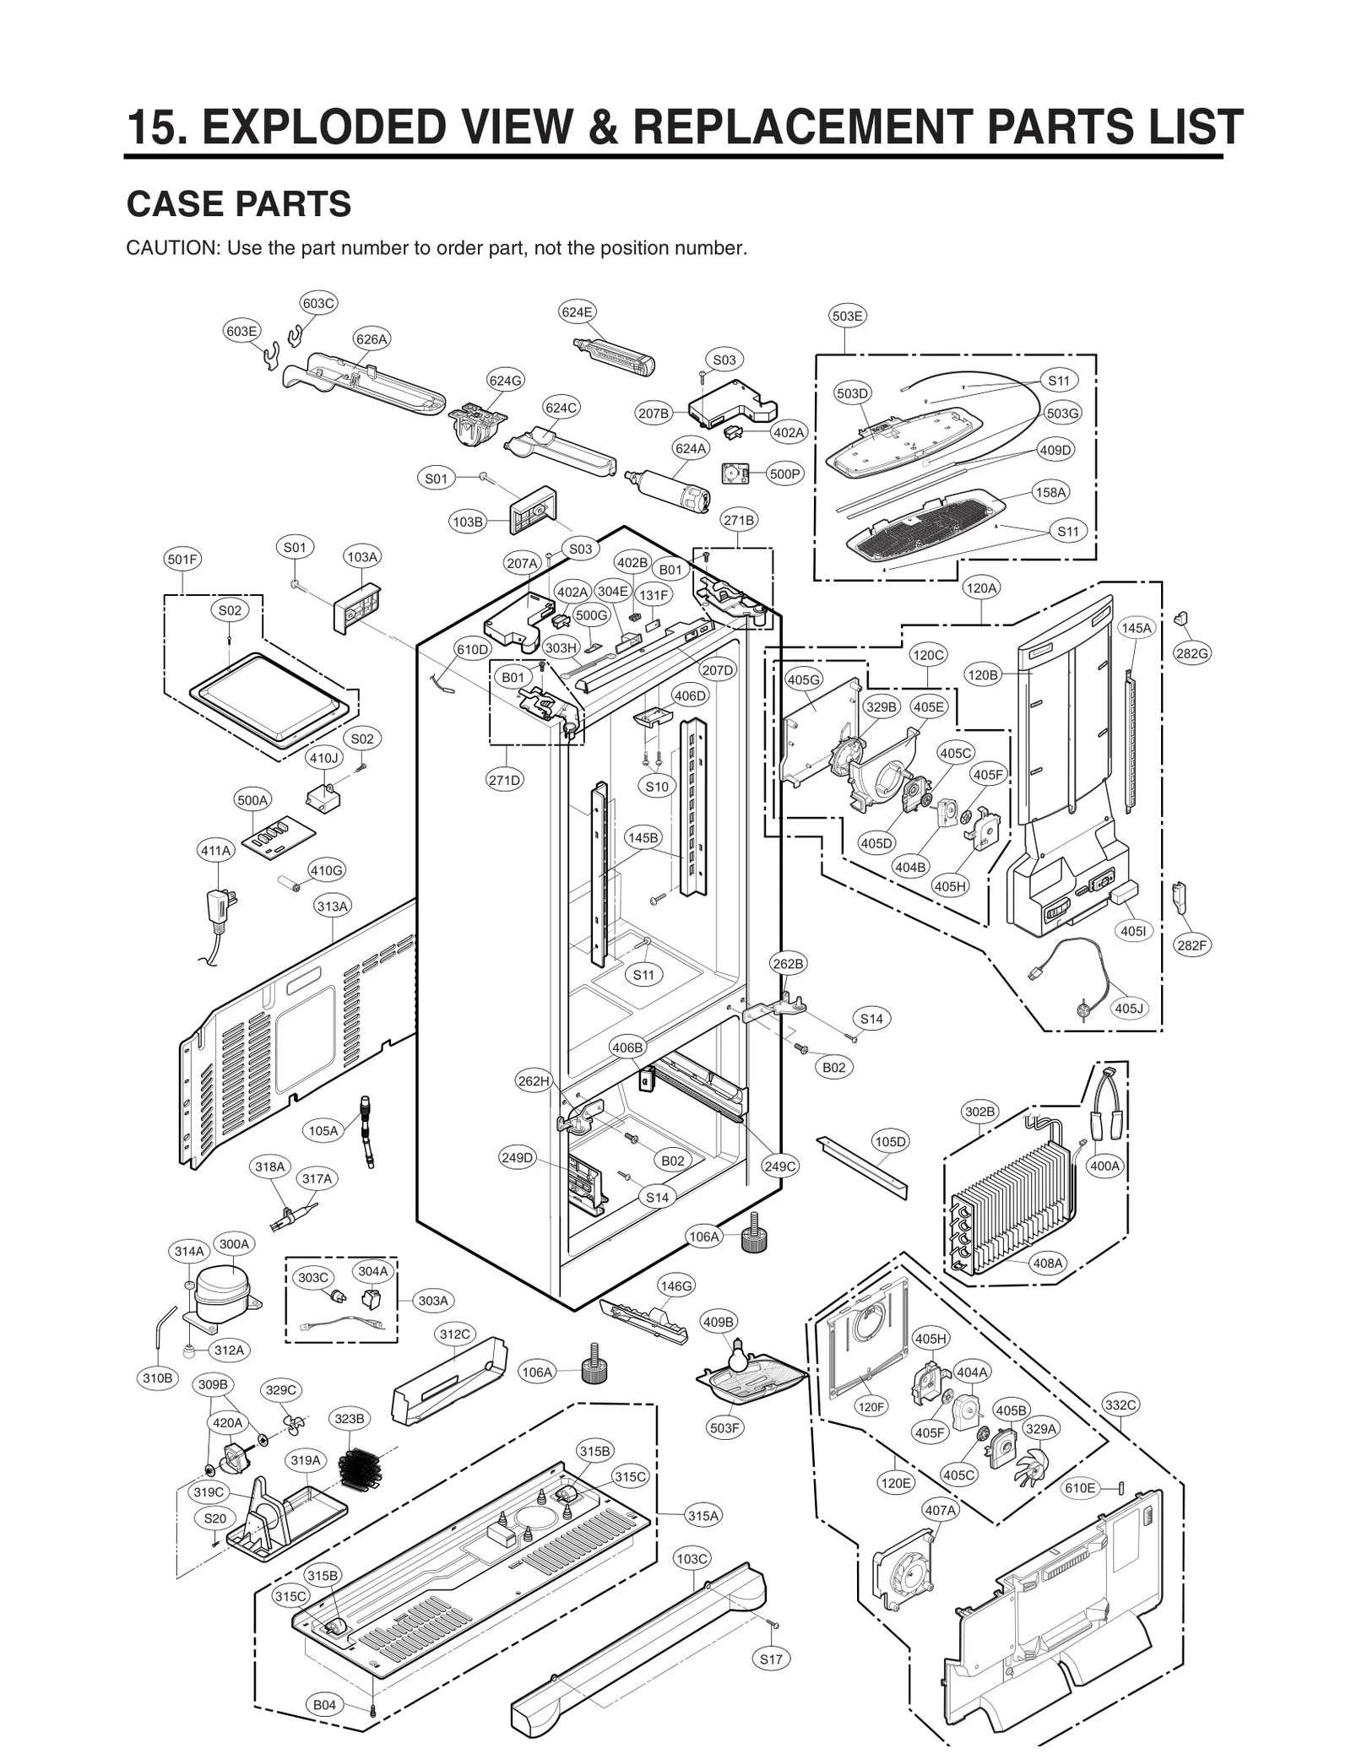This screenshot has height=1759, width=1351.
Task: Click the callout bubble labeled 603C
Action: [x=318, y=303]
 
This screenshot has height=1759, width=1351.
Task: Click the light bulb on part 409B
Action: [x=737, y=1349]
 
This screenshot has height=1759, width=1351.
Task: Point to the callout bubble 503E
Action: [x=847, y=316]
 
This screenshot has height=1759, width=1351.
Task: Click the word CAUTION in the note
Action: [x=172, y=248]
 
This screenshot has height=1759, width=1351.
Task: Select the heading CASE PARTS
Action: [x=239, y=204]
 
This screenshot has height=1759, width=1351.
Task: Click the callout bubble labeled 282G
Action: [x=1191, y=652]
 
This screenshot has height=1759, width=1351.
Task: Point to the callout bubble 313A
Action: [x=332, y=906]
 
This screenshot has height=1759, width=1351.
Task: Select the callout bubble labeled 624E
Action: [x=577, y=311]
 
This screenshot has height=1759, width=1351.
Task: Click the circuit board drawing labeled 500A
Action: [x=279, y=836]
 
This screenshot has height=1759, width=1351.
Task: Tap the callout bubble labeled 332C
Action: [x=1120, y=1404]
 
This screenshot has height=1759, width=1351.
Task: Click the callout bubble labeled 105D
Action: [x=890, y=1141]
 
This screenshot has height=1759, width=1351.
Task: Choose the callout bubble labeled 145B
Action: [x=643, y=837]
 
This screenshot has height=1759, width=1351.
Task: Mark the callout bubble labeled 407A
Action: [x=940, y=1510]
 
